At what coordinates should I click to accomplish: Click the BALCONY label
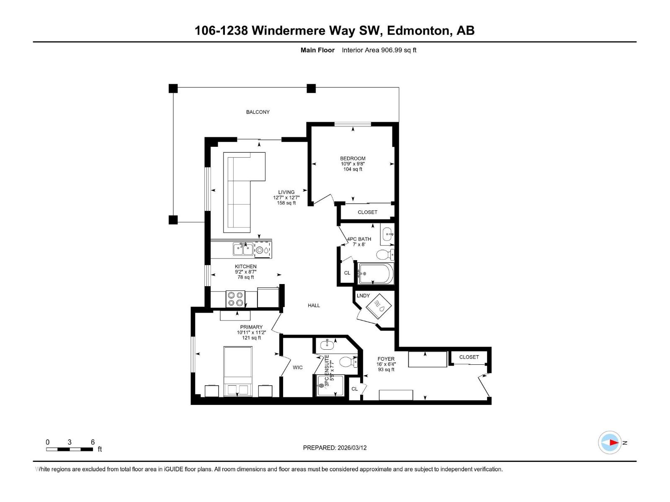tap(258, 112)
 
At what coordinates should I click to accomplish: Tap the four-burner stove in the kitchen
tap(235, 299)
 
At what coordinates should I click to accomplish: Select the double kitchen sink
tap(243, 250)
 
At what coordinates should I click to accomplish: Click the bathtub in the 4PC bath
tap(376, 274)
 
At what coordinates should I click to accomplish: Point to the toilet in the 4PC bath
tap(384, 254)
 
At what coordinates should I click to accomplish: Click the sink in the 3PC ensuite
tap(327, 345)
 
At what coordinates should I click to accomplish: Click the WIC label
tap(298, 368)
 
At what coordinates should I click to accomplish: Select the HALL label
tap(314, 305)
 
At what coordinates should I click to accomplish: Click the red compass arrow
tap(613, 442)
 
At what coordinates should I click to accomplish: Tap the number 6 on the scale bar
tap(93, 442)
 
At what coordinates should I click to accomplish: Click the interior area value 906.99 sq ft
tap(398, 50)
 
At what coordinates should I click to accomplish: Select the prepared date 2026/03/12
tap(351, 448)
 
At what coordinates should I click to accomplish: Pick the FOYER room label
tap(386, 359)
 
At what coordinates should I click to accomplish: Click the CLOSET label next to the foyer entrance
tap(469, 357)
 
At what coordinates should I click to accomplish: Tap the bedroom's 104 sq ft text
tap(353, 169)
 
